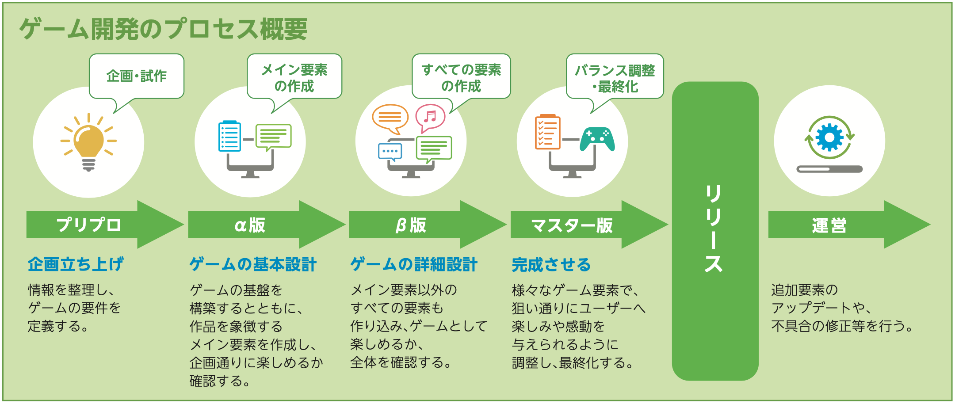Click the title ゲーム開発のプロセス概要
163,29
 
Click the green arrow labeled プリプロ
105,225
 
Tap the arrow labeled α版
267,225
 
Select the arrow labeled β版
428,225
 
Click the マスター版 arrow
589,225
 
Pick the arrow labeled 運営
849,225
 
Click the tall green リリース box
715,231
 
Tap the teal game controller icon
597,139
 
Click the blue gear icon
829,137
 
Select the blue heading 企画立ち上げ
76,264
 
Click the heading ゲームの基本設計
253,264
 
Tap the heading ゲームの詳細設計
414,264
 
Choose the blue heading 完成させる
551,265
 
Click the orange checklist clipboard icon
548,132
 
